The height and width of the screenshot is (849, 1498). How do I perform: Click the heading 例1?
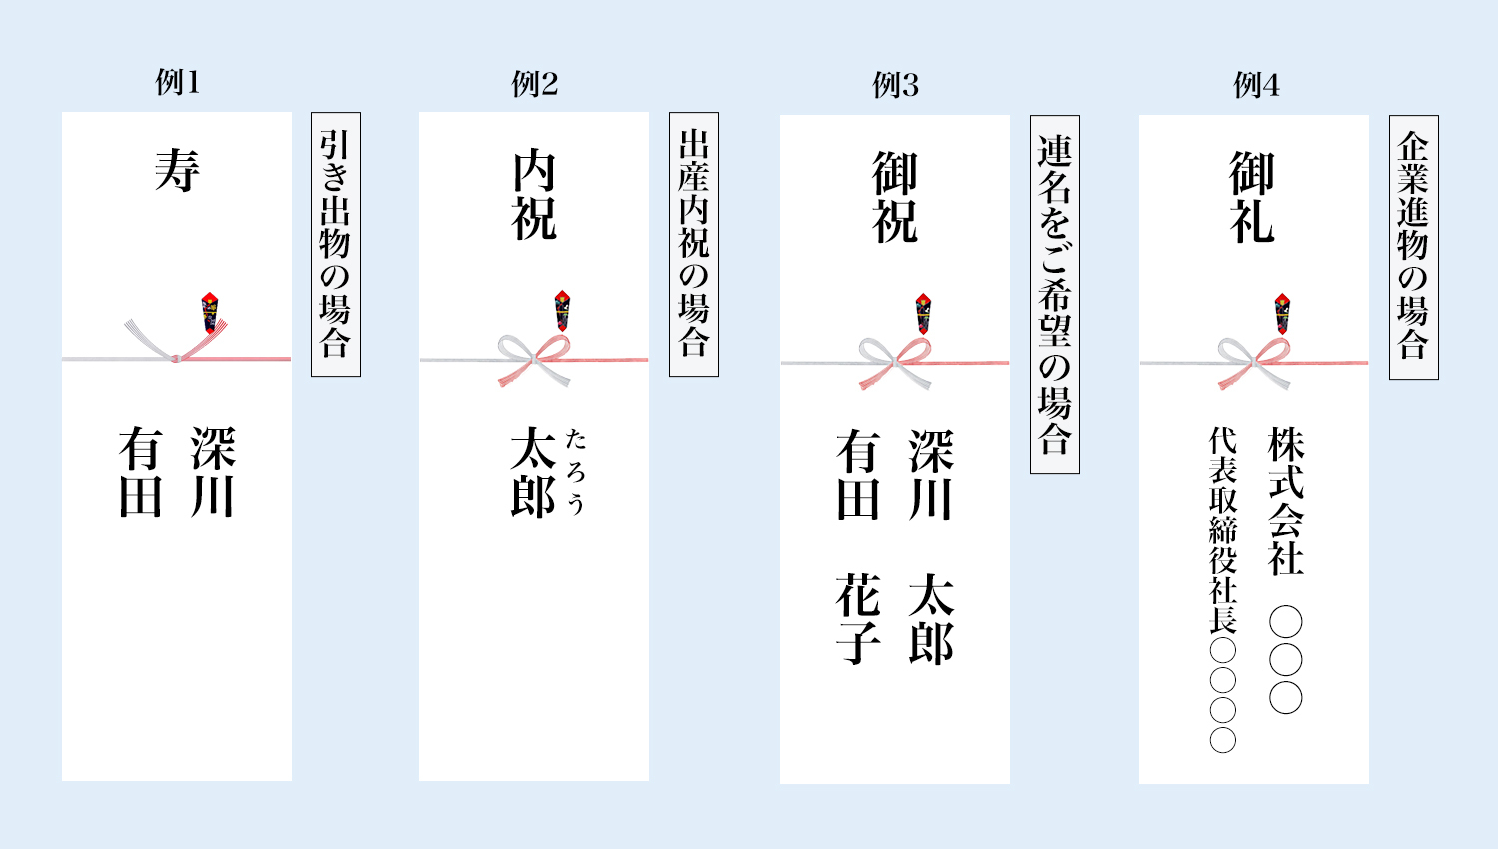177,82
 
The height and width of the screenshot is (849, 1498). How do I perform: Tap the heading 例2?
534,84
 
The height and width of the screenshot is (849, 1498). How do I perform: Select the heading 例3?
895,85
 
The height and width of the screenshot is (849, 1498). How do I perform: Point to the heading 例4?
1255,85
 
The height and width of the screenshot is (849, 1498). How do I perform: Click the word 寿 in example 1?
177,170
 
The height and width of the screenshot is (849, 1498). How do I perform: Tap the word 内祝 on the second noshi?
534,196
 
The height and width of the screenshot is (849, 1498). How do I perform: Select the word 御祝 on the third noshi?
895,198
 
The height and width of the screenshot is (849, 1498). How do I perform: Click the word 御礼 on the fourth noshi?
1252,198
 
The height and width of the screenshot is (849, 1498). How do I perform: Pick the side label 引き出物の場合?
335,244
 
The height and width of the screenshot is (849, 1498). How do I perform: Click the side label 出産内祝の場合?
693,244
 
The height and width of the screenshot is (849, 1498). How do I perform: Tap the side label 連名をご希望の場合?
1054,294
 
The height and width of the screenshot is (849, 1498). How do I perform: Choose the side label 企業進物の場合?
1413,246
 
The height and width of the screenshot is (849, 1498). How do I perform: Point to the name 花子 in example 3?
858,620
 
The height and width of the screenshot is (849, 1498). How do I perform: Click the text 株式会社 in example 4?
1286,501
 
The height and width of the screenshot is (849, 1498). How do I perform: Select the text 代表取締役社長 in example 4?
1223,530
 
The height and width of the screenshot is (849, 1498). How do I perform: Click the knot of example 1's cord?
176,357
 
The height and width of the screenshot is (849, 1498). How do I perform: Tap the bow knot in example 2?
534,358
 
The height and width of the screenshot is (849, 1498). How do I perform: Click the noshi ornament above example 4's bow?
1282,313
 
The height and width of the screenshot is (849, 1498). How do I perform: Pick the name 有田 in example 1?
140,472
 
